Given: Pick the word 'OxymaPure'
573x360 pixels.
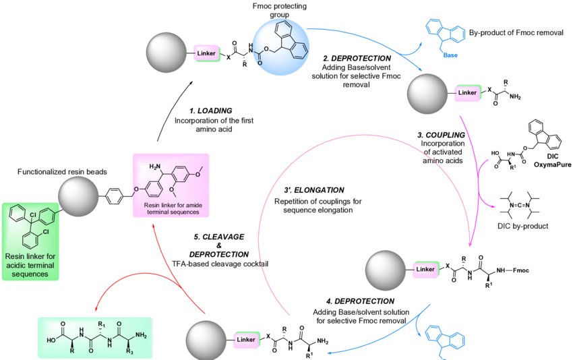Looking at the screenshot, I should coord(551,164).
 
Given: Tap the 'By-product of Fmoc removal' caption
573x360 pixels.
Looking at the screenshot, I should coord(516,32).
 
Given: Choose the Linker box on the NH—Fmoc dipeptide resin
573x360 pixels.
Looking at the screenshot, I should coord(425,270).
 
